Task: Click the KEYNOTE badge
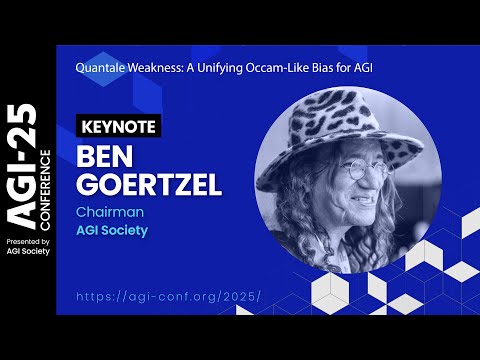pyautogui.click(x=118, y=127)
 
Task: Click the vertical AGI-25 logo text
pyautogui.click(x=21, y=161)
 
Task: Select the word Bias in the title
pyautogui.click(x=338, y=67)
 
